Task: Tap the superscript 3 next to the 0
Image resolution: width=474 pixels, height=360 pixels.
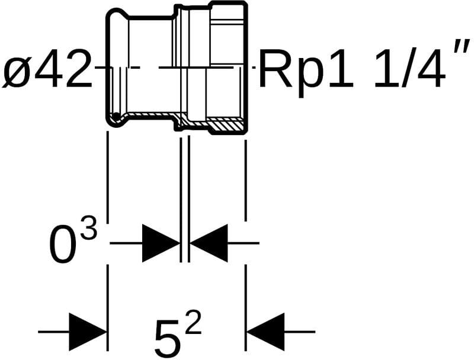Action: tap(88, 230)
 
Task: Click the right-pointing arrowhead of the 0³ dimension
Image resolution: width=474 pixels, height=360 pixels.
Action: tap(161, 243)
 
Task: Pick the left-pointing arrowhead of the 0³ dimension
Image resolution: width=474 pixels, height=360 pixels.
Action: tap(209, 243)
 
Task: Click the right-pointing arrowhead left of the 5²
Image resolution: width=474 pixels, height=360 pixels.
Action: tap(87, 332)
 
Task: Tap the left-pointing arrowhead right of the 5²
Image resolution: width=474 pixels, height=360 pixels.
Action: tap(266, 332)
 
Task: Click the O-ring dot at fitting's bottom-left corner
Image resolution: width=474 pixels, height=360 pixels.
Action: tap(117, 115)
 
